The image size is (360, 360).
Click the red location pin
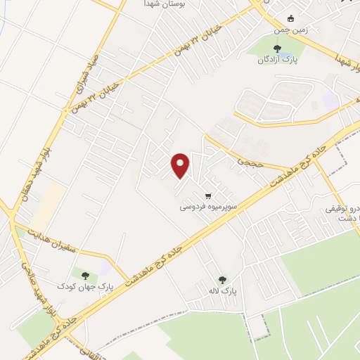[x=181, y=165]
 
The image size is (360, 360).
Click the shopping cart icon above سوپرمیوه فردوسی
[x=207, y=196]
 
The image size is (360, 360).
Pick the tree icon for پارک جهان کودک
[x=85, y=275]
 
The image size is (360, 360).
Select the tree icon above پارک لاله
[x=223, y=279]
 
